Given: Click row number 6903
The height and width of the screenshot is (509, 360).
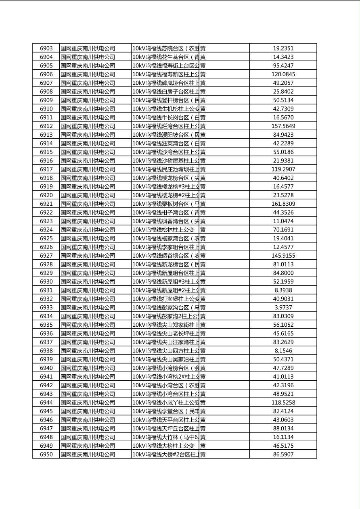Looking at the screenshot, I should coord(46,48).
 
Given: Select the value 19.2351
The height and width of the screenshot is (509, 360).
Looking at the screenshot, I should coord(283,48).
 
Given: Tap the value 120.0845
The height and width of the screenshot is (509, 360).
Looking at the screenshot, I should coord(283,74).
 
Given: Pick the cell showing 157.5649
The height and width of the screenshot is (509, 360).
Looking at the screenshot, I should coord(283,126).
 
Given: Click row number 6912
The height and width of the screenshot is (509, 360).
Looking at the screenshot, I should coord(46,126).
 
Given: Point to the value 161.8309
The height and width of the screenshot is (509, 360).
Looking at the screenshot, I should coord(283,204).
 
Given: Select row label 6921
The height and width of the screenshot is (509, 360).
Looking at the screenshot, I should coord(46,204).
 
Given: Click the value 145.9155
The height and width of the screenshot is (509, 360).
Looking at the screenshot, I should coord(283,256).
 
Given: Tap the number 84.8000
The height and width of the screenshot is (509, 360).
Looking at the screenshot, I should coord(283,273).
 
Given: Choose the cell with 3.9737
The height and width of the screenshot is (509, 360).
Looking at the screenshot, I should coord(283,308).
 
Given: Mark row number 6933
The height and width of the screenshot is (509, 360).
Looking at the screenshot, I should coord(46,308).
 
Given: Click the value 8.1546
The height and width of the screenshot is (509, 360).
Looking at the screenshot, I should coord(283,351).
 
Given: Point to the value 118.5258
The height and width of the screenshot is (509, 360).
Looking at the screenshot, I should coord(283,403).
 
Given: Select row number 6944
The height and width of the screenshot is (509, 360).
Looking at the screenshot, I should coord(46,403).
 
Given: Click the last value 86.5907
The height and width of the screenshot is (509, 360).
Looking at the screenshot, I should coord(283,455).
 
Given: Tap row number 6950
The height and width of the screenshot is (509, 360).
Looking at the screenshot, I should coord(46,455).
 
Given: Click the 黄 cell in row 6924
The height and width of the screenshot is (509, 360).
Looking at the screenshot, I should coord(203,230).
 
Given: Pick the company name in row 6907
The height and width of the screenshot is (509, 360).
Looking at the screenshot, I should coord(88,83).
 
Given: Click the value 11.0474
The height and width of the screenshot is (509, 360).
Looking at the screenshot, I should coord(283,221).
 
